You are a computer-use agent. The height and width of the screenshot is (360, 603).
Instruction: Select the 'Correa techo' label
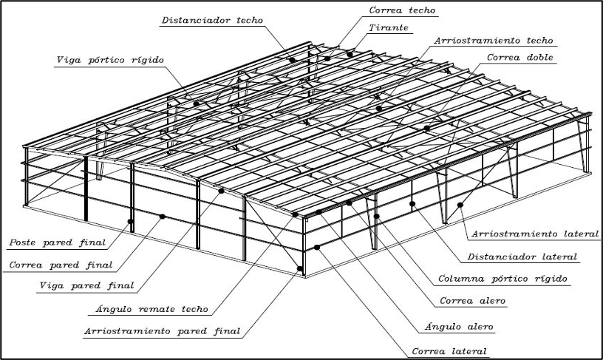[x=402, y=10]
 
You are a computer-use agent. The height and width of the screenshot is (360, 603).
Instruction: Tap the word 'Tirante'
[x=389, y=27]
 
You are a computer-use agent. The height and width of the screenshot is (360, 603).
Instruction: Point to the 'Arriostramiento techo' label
[x=494, y=41]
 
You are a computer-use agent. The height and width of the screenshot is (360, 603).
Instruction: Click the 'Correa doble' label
[x=520, y=57]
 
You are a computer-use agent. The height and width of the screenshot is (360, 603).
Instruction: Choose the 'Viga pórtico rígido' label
[x=109, y=59]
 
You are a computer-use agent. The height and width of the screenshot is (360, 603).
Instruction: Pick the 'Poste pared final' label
[x=58, y=242]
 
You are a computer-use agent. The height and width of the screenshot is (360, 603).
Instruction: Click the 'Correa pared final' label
[x=61, y=264]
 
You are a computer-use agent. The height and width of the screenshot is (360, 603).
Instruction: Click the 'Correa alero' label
[x=471, y=302]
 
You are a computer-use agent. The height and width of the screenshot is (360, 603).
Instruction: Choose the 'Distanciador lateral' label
[x=522, y=257]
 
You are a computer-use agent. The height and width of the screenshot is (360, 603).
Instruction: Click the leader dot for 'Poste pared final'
[x=131, y=220]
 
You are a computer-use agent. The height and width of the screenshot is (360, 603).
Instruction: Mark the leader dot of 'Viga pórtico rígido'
[x=197, y=103]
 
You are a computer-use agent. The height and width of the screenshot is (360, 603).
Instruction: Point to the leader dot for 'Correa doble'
[x=426, y=129]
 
